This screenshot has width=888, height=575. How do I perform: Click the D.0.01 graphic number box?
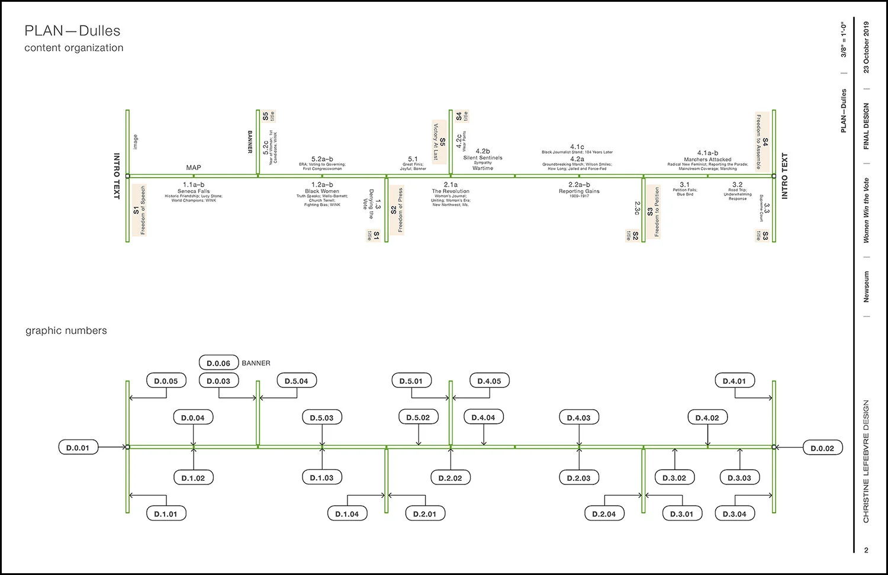click(x=78, y=448)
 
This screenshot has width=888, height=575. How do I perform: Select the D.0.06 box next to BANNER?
click(x=218, y=363)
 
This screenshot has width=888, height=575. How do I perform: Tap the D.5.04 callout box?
click(x=297, y=381)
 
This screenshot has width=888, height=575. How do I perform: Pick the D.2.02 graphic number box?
click(x=451, y=478)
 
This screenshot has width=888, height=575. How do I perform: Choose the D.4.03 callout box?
click(x=578, y=417)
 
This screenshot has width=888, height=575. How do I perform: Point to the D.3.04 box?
click(x=735, y=514)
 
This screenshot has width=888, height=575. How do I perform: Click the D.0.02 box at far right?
click(x=822, y=448)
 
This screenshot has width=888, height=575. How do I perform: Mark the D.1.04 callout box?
click(x=347, y=514)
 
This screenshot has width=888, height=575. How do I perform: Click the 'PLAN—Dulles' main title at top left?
click(x=72, y=31)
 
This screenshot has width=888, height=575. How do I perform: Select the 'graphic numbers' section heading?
click(x=66, y=330)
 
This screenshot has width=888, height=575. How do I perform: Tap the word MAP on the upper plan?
click(x=194, y=168)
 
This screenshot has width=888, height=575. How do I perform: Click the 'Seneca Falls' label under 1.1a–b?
click(x=194, y=191)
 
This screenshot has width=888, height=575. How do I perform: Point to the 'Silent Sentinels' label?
click(x=482, y=158)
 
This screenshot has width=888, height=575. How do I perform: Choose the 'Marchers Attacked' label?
click(x=707, y=159)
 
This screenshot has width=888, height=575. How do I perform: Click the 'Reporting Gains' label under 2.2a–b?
click(x=579, y=191)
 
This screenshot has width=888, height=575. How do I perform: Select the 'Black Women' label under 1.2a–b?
click(x=322, y=191)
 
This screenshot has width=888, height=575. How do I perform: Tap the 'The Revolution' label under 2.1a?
click(x=451, y=191)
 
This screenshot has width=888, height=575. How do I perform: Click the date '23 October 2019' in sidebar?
click(x=866, y=47)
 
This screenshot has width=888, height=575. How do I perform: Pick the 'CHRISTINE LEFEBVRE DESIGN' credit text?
click(x=866, y=461)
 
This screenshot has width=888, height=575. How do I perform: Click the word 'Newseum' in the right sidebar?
click(x=866, y=287)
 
